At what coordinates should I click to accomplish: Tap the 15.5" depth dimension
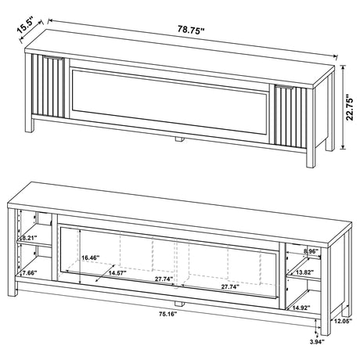[28, 24]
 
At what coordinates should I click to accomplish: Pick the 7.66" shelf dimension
[29, 272]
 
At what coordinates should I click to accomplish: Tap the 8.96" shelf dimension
[311, 251]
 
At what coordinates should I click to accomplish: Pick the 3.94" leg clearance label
[316, 341]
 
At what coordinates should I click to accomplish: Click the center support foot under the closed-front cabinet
[179, 140]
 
